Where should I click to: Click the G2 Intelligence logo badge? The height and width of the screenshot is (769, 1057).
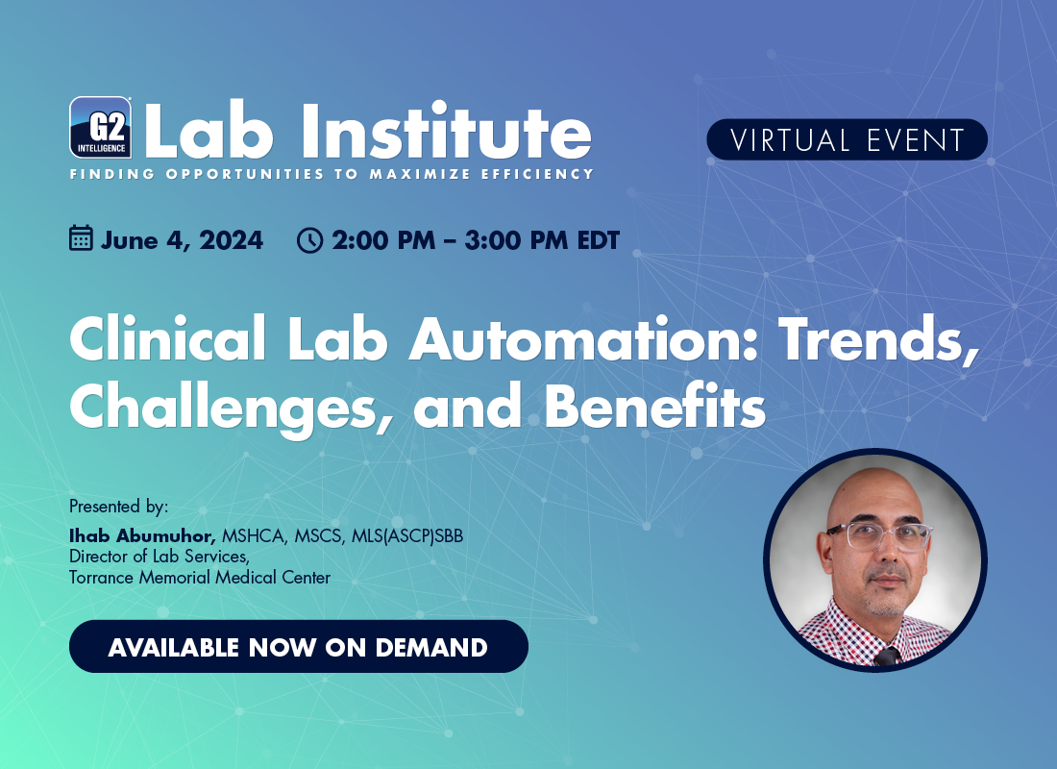[101, 128]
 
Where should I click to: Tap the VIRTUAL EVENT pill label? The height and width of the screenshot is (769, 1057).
[847, 139]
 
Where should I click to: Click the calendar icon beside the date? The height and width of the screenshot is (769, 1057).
[81, 238]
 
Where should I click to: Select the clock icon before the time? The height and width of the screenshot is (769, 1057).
[309, 240]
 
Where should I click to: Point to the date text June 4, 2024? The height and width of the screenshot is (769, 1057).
[182, 241]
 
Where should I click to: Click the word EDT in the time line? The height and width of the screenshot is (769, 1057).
[598, 240]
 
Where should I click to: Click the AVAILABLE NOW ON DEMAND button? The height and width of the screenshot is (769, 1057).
[299, 646]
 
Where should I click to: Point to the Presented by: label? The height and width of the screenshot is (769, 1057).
[118, 506]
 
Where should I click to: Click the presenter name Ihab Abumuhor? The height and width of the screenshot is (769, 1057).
[142, 535]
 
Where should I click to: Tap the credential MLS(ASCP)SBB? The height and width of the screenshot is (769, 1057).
[407, 535]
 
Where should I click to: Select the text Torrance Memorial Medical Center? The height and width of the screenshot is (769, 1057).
[200, 578]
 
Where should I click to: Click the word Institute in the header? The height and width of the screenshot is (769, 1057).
[446, 132]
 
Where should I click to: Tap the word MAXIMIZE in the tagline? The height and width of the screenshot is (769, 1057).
[419, 174]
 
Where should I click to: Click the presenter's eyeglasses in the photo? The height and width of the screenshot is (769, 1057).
[878, 535]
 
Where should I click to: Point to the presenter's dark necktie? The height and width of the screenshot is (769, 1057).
[887, 657]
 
